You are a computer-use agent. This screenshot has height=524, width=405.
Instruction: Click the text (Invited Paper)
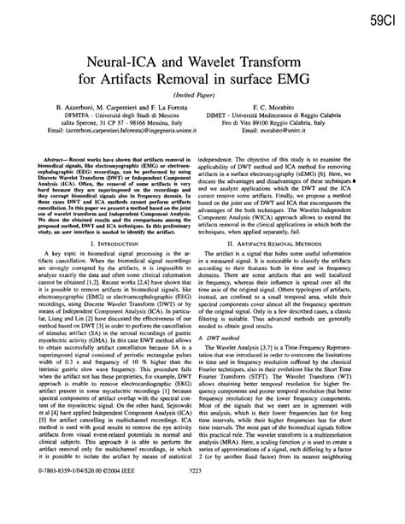[202, 97]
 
